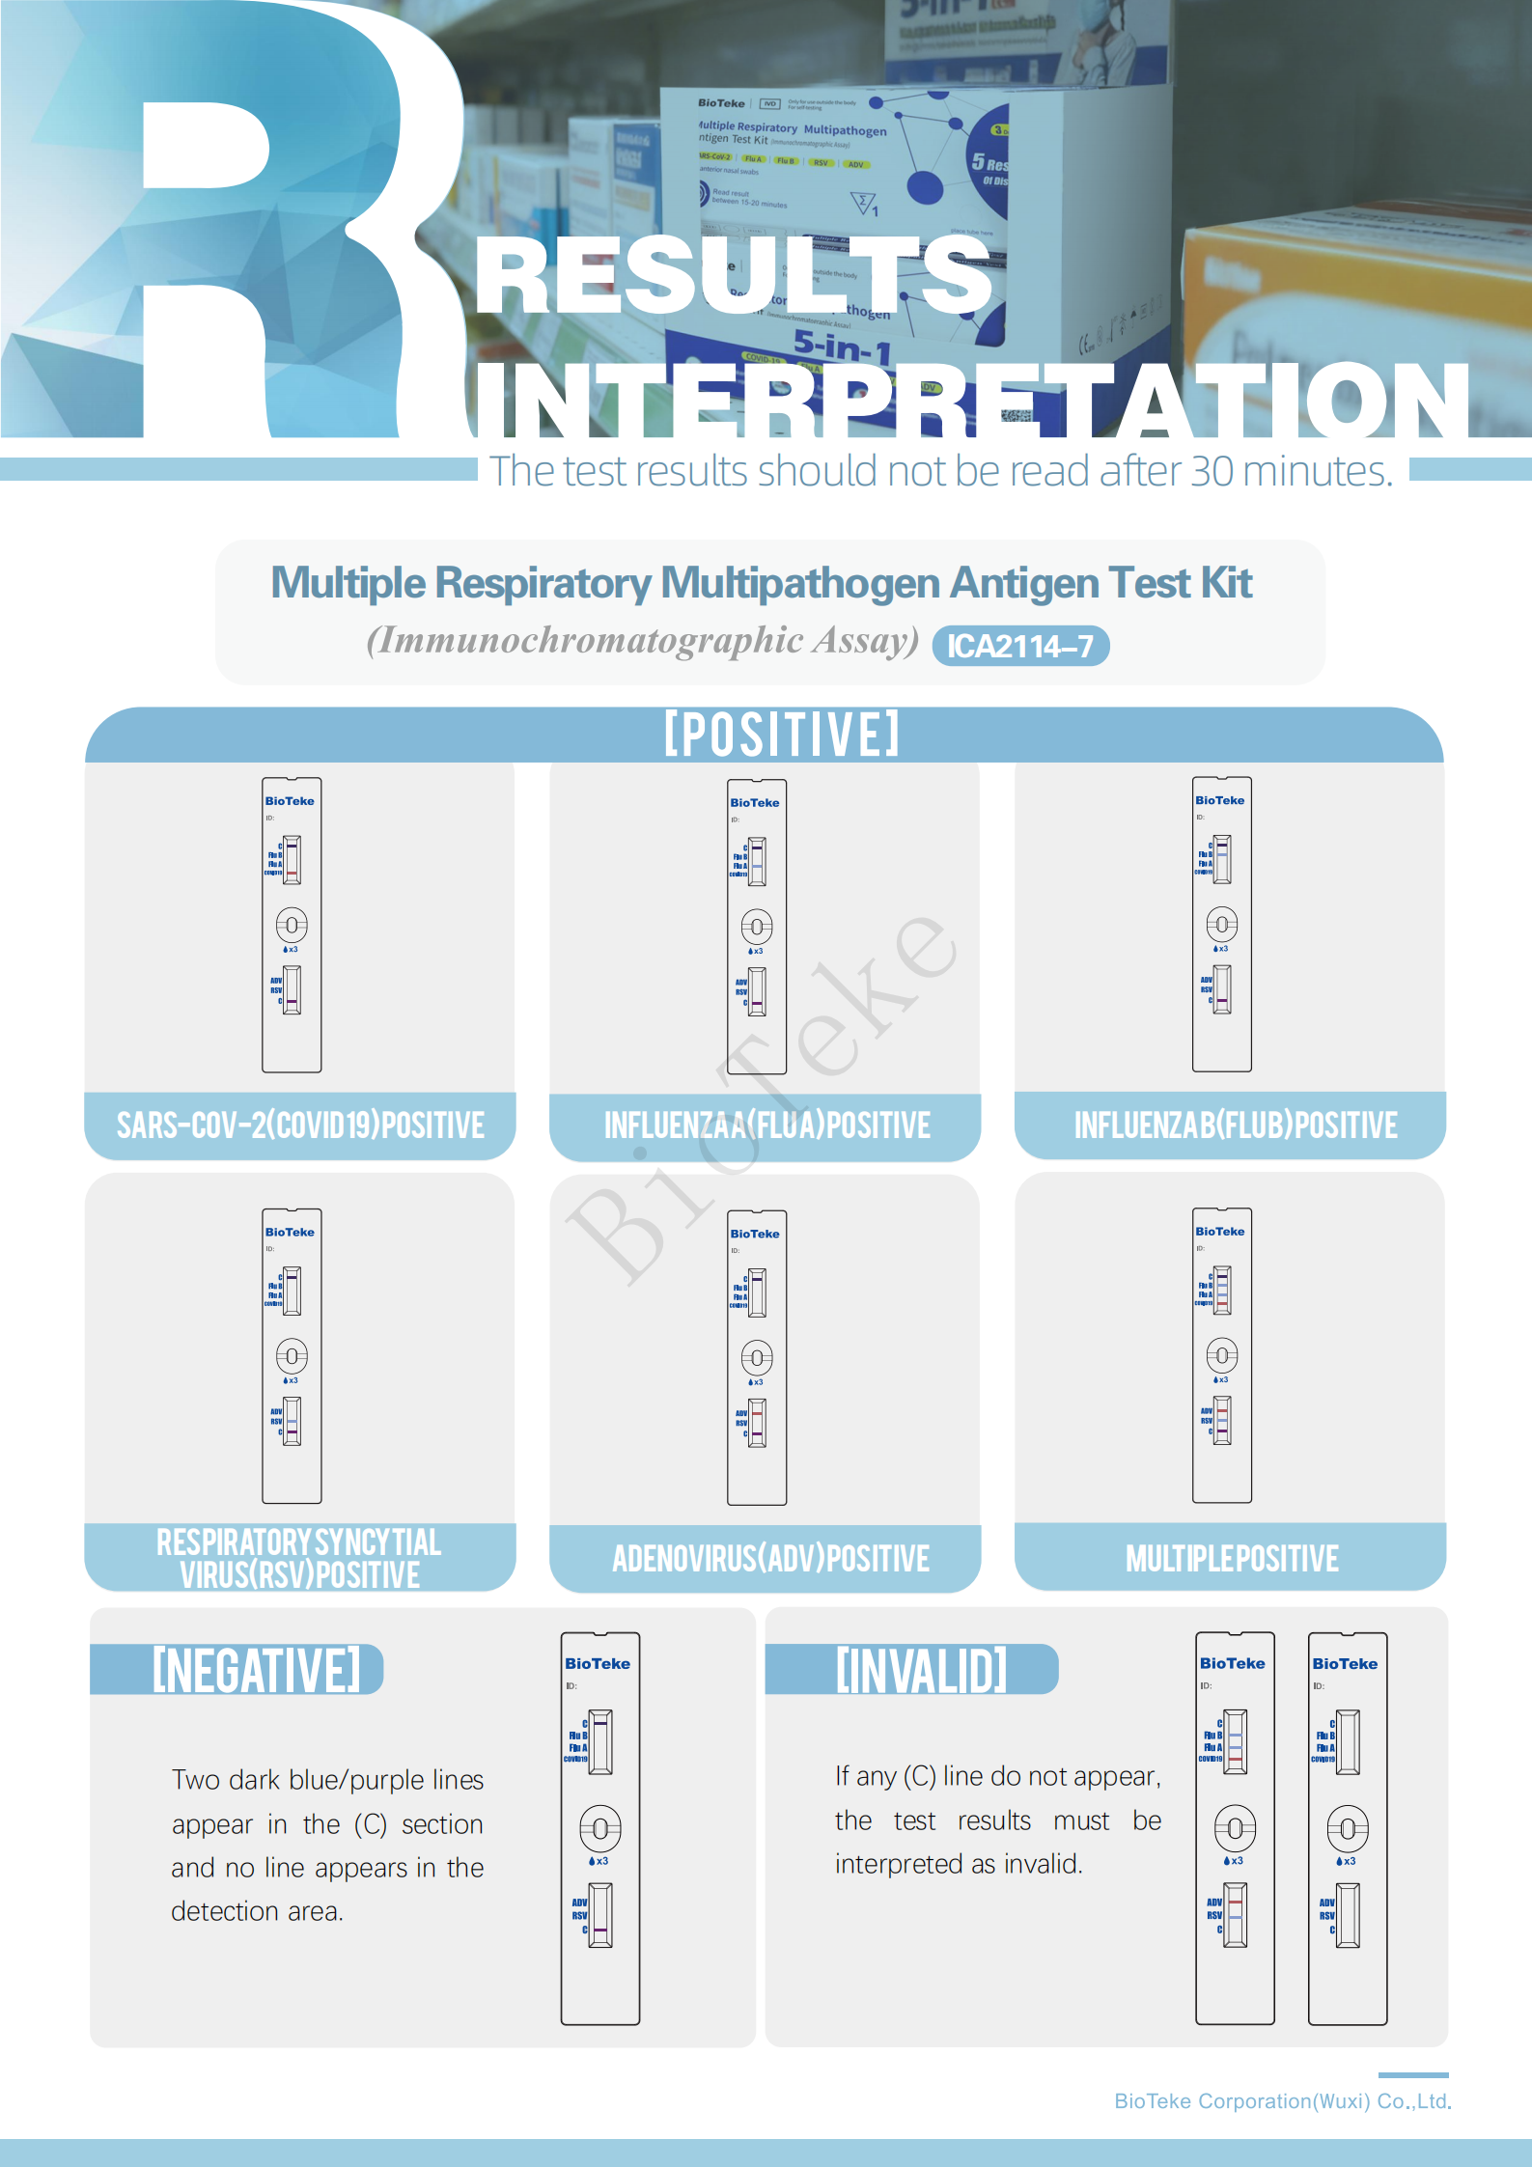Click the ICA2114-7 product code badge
tap(1020, 646)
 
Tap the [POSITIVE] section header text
tap(782, 735)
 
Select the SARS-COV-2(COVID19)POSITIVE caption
tap(300, 1125)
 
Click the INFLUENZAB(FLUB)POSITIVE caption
tap(1235, 1125)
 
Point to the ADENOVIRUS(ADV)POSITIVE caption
tap(770, 1558)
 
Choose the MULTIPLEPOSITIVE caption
tap(1231, 1558)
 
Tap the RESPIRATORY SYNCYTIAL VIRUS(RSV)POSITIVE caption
tap(299, 1558)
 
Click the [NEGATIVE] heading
tap(256, 1671)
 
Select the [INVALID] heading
tap(921, 1671)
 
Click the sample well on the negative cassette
tap(600, 1828)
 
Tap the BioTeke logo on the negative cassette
tap(598, 1664)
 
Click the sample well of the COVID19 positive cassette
tap(292, 926)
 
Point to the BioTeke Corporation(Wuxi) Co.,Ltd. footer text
tap(1282, 2101)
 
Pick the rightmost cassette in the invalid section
tap(1348, 1828)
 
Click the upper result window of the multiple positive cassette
tap(1222, 1291)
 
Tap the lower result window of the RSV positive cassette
tap(292, 1422)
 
